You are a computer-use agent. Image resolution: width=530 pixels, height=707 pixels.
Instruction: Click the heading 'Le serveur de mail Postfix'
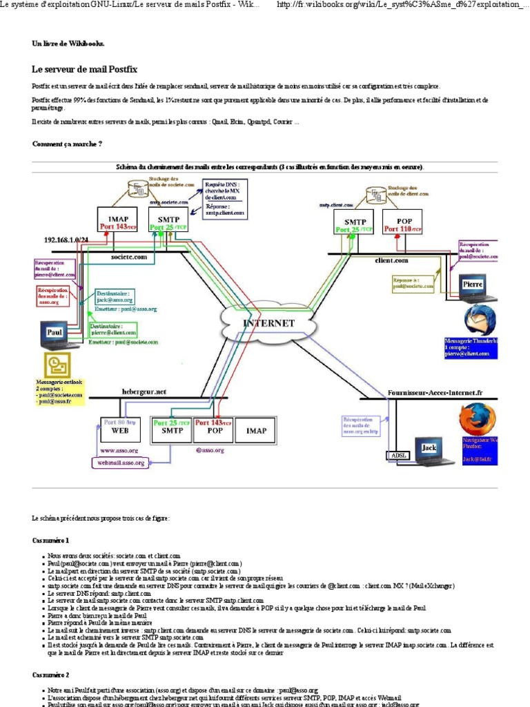click(x=84, y=69)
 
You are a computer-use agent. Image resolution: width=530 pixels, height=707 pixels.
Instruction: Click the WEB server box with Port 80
click(x=120, y=429)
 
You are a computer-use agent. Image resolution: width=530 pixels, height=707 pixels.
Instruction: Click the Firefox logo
click(x=478, y=419)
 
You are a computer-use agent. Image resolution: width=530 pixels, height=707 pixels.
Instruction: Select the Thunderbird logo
click(x=480, y=321)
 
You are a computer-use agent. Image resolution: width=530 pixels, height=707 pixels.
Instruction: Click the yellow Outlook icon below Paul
click(x=57, y=365)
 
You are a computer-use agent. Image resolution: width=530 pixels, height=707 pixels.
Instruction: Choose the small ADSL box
click(x=398, y=456)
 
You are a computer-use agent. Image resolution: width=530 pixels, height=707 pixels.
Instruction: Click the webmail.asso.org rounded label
click(x=121, y=463)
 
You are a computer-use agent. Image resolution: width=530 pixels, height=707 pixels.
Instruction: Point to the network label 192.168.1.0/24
click(x=66, y=240)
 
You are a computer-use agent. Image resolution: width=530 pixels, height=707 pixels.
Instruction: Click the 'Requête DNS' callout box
click(x=224, y=198)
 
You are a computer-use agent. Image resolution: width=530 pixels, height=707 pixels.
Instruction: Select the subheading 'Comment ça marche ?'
click(x=67, y=144)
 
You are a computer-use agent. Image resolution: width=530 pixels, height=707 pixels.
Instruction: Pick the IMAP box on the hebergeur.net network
click(x=256, y=429)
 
